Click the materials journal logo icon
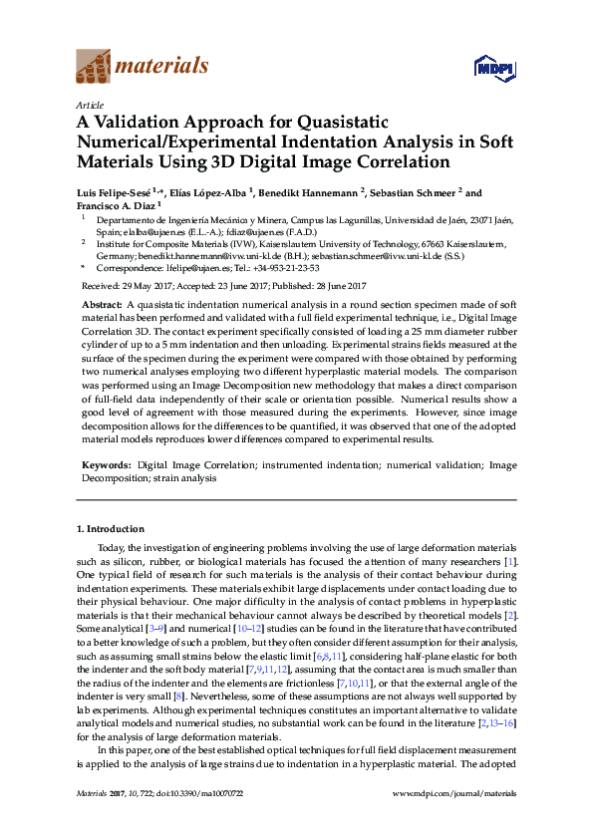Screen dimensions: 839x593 tap(93, 67)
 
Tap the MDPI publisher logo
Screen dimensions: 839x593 tap(495, 68)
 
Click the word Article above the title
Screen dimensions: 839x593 tap(89, 104)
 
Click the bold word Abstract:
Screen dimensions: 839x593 tap(102, 301)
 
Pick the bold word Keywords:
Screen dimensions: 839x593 tap(105, 464)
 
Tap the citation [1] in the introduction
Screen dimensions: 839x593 tap(509, 561)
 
